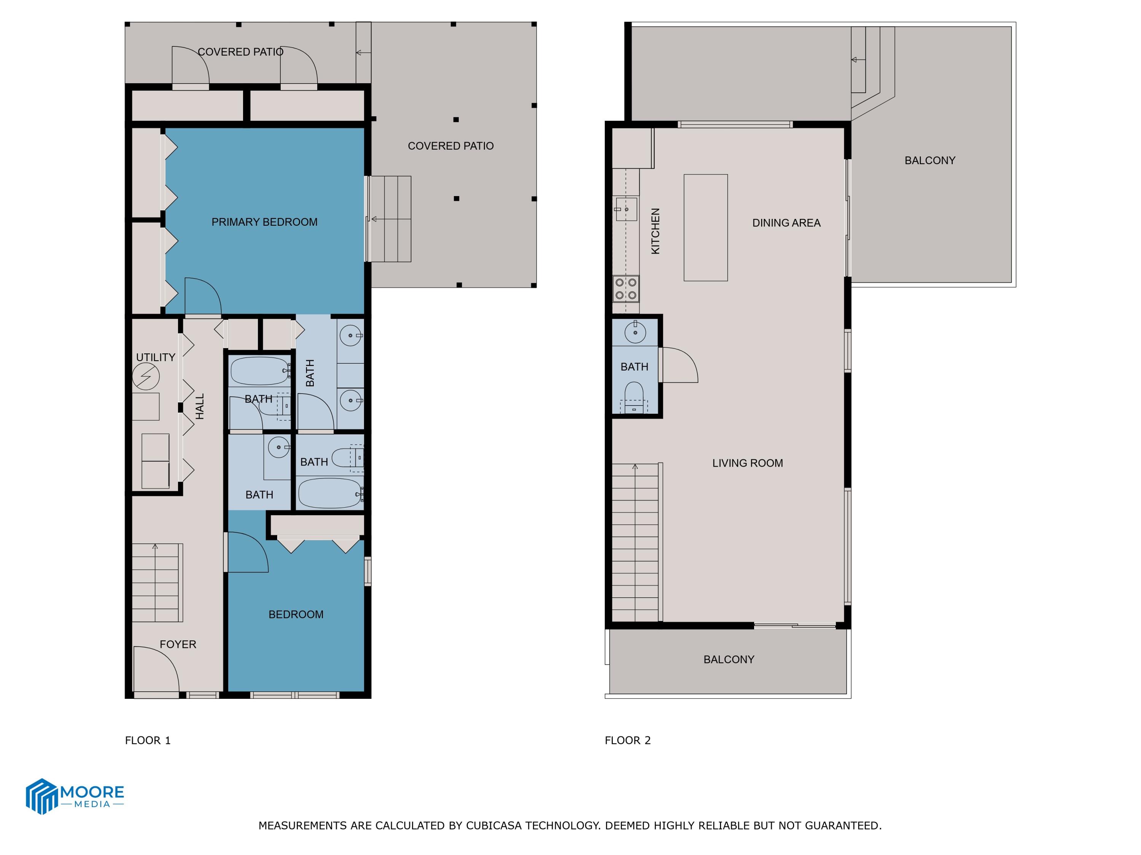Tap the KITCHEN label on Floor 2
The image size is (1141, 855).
[655, 231]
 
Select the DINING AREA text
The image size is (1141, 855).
[786, 223]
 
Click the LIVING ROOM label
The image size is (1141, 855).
[747, 463]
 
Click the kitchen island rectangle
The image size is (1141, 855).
[705, 227]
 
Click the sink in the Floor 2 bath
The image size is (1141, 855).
[635, 332]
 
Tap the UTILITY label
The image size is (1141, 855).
[155, 357]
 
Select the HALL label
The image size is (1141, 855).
[200, 406]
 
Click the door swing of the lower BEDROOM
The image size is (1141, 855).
[246, 553]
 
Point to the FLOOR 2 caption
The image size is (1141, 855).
[627, 741]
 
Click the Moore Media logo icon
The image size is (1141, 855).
[41, 796]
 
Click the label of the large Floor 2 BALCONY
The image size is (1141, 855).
[930, 160]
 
